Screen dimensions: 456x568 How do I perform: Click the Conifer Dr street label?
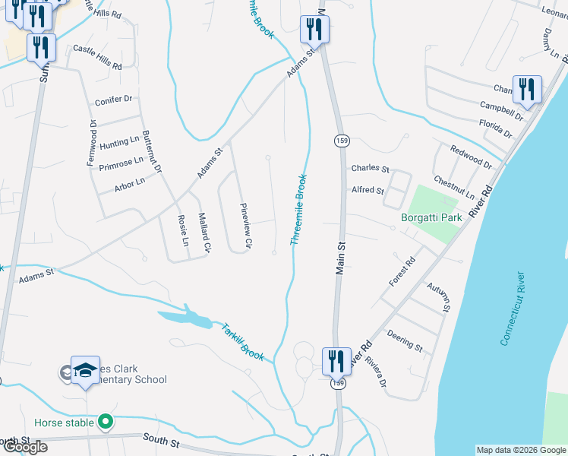click(114, 100)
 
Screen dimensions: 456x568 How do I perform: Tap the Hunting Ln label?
click(120, 141)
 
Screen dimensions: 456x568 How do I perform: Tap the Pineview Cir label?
click(245, 226)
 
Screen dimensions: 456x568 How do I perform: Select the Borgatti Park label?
click(432, 217)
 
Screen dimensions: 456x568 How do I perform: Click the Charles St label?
click(370, 169)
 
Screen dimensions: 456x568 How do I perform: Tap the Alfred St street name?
click(367, 190)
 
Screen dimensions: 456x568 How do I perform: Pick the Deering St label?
click(404, 340)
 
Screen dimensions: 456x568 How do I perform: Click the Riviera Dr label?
click(375, 372)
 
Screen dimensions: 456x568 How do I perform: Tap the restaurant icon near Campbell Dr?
click(525, 90)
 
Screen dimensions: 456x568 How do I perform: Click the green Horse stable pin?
click(106, 422)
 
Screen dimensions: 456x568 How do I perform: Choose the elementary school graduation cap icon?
click(85, 370)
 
